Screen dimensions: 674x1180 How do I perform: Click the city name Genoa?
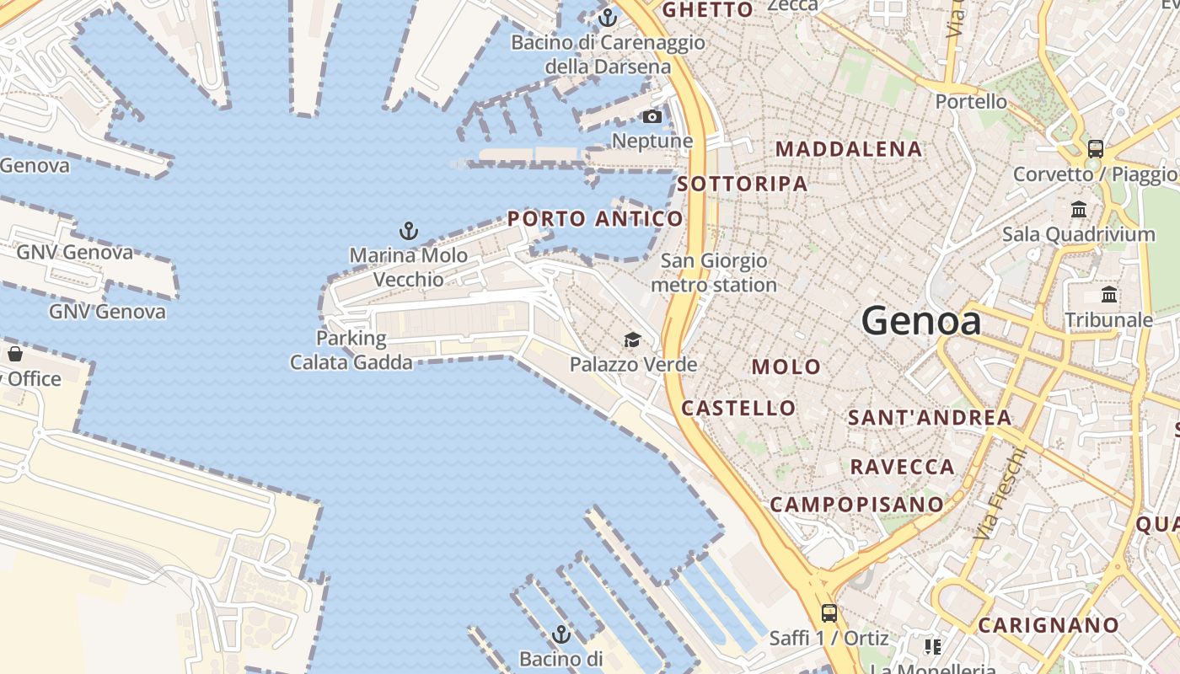[921, 321]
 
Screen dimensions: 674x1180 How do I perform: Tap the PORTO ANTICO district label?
[595, 219]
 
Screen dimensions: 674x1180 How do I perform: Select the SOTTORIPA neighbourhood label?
[743, 184]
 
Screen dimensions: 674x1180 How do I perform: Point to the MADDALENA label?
[849, 149]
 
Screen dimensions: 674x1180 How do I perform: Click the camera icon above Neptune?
[652, 117]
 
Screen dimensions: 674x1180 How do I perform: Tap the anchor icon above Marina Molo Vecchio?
[409, 230]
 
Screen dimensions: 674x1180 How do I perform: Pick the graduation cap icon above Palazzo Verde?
[632, 340]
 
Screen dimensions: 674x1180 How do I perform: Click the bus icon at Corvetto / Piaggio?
[1095, 149]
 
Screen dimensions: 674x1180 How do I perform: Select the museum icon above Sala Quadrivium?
[1079, 209]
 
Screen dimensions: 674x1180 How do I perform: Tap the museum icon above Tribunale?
[1109, 295]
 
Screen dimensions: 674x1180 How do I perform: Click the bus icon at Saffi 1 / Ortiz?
[829, 612]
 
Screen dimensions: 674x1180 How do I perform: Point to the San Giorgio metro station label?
[714, 273]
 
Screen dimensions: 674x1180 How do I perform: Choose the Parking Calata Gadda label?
[351, 350]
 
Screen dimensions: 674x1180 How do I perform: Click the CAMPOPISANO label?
[856, 505]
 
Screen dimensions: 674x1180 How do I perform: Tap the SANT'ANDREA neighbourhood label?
[930, 418]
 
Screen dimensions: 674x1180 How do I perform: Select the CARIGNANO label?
[1049, 626]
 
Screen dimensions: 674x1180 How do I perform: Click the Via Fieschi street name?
[1000, 494]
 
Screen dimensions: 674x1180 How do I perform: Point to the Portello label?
[971, 102]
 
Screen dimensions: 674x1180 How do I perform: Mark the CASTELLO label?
[738, 409]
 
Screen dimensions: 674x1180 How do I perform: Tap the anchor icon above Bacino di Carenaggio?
[608, 17]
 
